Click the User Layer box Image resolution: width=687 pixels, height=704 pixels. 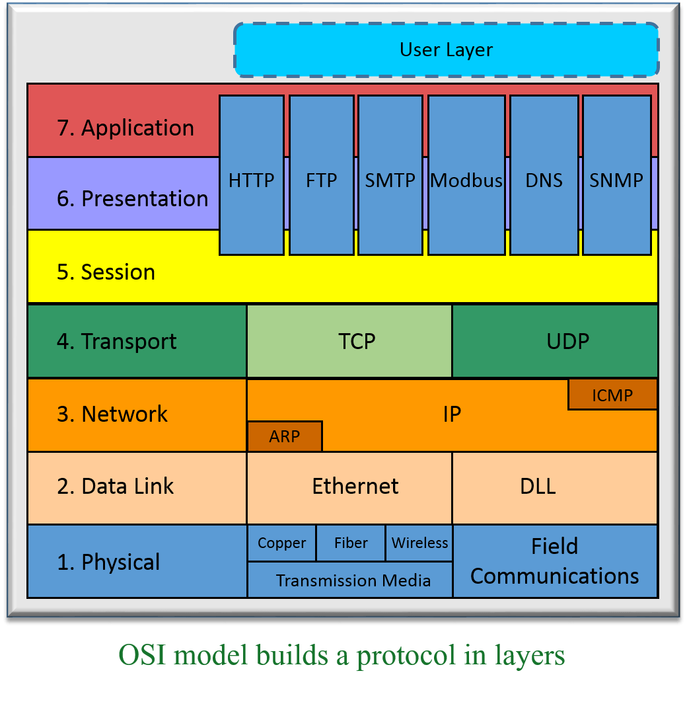click(447, 50)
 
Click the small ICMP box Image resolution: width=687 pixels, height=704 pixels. click(612, 395)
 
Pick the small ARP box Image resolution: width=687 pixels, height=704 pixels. click(285, 436)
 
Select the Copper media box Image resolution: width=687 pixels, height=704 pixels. click(282, 543)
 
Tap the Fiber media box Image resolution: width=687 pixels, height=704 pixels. click(351, 543)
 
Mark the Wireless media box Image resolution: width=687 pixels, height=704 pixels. click(419, 543)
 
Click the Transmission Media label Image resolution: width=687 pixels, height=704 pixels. click(353, 581)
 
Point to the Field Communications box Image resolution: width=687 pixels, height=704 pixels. click(555, 561)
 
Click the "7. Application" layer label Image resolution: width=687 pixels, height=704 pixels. click(126, 128)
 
